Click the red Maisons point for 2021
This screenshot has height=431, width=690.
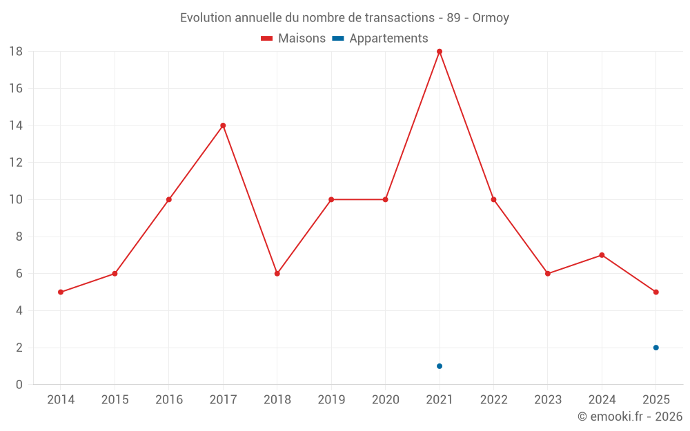point(439,52)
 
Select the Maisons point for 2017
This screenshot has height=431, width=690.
point(223,126)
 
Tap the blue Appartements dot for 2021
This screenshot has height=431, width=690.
point(439,366)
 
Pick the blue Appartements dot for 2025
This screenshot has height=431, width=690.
point(655,348)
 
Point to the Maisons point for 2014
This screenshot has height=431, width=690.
point(61,292)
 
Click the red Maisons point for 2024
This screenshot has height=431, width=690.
point(602,255)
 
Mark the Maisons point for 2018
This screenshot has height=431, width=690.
point(277,274)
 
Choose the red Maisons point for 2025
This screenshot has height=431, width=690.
point(655,292)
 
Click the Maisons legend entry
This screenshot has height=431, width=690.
point(293,38)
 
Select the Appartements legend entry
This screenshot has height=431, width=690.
point(380,38)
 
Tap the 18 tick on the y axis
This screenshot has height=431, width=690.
point(16,52)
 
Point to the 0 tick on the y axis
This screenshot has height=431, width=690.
point(19,384)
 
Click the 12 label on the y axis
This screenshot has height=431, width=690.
point(16,162)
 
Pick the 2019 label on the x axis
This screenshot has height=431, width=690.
point(331,399)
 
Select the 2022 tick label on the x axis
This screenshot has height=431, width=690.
point(494,399)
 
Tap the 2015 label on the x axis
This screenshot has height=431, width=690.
point(115,399)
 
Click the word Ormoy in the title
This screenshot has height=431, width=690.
point(491,18)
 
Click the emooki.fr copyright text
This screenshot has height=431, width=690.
point(630,416)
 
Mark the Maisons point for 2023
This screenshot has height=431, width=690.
point(547,274)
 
